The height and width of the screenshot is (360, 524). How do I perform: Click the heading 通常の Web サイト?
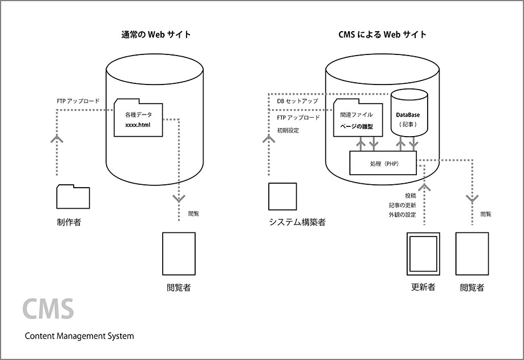point(154,35)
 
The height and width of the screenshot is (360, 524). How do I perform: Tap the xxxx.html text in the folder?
point(138,124)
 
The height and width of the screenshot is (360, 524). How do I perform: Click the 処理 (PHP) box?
point(383,163)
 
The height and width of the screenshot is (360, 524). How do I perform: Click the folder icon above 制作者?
point(73,196)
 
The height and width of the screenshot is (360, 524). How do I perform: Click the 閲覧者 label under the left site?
point(179,287)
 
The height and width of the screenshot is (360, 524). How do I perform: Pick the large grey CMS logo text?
point(49,308)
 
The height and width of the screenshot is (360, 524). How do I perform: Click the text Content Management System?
point(79,336)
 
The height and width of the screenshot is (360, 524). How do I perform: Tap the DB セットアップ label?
point(297,101)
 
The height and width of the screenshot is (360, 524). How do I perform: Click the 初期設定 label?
point(288,130)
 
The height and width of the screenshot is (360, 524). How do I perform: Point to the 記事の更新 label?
point(402,205)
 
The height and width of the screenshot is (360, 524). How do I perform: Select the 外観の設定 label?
point(402,215)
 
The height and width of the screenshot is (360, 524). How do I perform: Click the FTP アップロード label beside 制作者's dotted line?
point(78,101)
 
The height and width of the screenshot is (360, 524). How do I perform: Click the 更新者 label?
point(423,287)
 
